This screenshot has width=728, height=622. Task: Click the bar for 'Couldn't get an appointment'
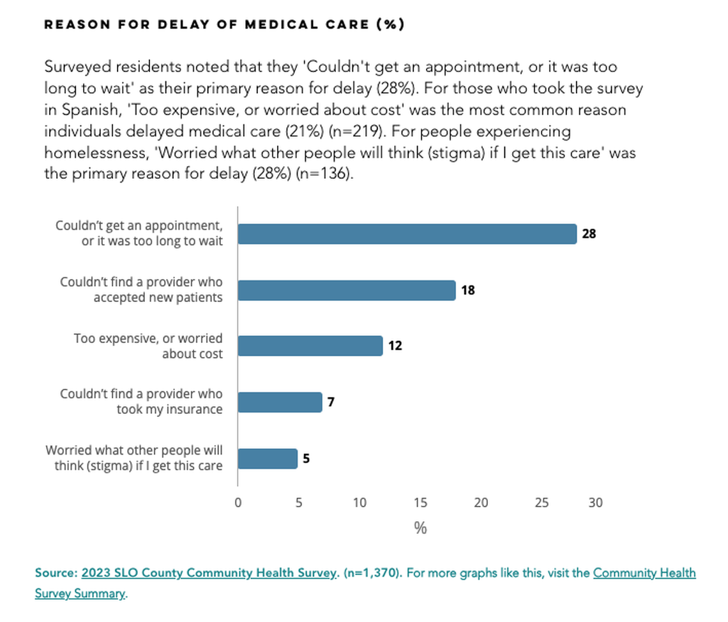tap(407, 234)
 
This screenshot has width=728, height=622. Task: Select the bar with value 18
tap(346, 290)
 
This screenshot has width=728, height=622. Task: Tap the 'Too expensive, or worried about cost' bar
tap(310, 345)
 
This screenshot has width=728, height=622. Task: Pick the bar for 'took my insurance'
tap(280, 402)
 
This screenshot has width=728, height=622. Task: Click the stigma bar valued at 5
tap(268, 459)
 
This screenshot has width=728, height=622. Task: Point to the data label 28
tap(589, 234)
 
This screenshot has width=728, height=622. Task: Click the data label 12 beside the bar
tap(395, 346)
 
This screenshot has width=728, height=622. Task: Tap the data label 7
tap(331, 402)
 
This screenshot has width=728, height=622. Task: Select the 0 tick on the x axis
tap(238, 503)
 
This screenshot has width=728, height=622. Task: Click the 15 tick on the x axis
tap(420, 503)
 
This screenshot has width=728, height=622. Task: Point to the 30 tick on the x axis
tap(595, 503)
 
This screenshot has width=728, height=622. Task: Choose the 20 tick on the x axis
tap(481, 503)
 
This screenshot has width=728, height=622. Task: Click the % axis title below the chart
tap(420, 528)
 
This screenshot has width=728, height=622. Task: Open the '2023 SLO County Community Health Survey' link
tap(208, 573)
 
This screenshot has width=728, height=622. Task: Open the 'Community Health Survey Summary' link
tap(644, 573)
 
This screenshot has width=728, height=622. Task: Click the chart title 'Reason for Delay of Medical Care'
tap(224, 24)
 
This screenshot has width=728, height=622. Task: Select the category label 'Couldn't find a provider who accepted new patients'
tap(141, 289)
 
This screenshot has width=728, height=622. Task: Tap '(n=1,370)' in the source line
tap(372, 573)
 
